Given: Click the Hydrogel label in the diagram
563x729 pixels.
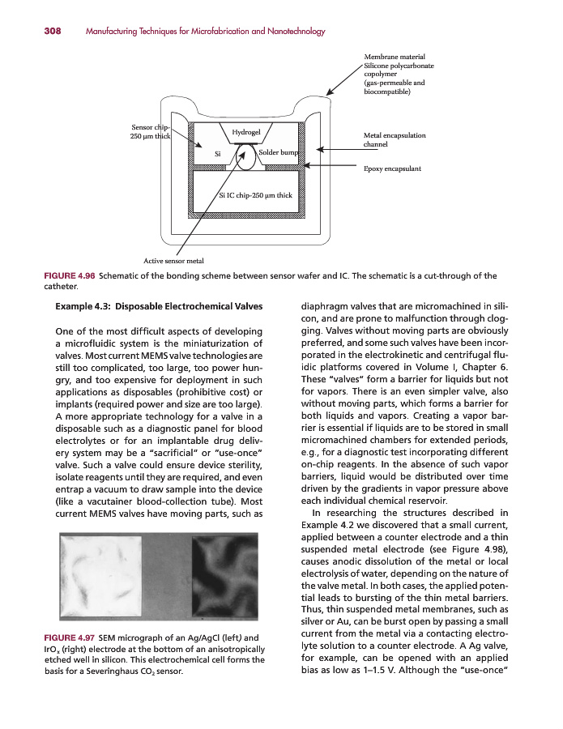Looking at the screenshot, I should pyautogui.click(x=245, y=131).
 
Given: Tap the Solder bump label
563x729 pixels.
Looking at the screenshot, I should pyautogui.click(x=278, y=152).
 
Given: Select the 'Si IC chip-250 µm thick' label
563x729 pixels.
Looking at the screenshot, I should pyautogui.click(x=256, y=195).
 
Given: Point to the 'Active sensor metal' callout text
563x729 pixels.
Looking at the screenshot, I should pyautogui.click(x=173, y=260).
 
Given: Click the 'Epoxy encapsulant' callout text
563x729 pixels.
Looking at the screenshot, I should pyautogui.click(x=393, y=168).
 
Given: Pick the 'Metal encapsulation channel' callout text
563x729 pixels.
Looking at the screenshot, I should pyautogui.click(x=395, y=140).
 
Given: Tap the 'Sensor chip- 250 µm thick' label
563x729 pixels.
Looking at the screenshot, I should pyautogui.click(x=149, y=132).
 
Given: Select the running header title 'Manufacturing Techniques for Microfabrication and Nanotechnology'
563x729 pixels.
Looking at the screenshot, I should pyautogui.click(x=205, y=32).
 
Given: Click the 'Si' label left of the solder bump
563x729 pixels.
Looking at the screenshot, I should pyautogui.click(x=218, y=153).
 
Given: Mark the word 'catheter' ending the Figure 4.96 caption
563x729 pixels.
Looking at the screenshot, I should pyautogui.click(x=61, y=288).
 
